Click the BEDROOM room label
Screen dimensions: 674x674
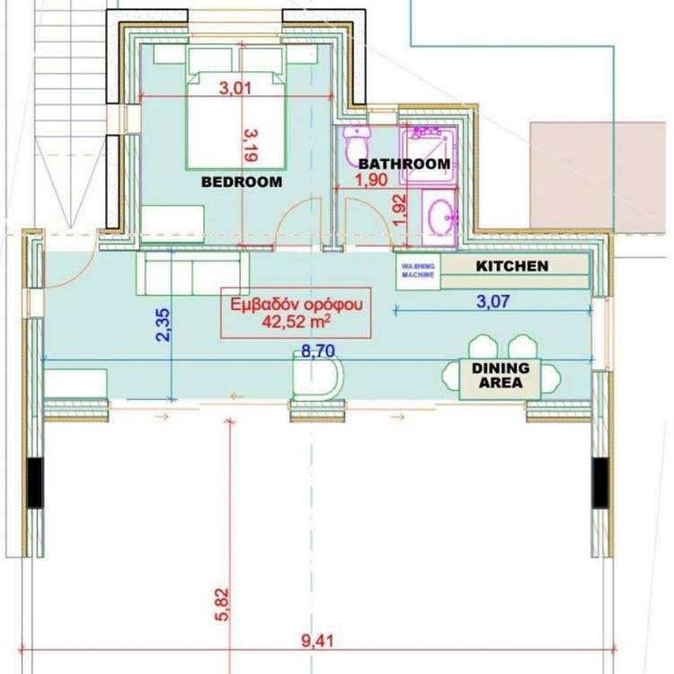pos(242,182)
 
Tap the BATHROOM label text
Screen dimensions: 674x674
pos(404,164)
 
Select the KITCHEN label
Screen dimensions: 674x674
pos(512,266)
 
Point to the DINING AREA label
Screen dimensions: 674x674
pos(501,376)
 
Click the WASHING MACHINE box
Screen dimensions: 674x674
pos(418,270)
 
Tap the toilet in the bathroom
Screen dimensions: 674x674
pos(357,144)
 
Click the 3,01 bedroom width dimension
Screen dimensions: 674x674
pos(235,89)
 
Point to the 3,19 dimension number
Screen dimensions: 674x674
pos(250,146)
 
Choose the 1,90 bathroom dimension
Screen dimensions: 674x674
pos(371,180)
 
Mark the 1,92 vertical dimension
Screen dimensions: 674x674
pos(399,210)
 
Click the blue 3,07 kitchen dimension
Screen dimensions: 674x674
pos(493,301)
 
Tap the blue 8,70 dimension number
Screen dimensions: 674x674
pos(317,350)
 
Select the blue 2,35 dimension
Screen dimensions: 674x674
pos(164,325)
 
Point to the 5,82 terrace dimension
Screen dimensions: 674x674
pos(222,605)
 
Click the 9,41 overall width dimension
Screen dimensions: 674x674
pos(317,642)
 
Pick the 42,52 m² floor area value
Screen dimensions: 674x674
pos(297,321)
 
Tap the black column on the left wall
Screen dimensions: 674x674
pos(36,483)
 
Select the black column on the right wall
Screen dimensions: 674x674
pos(600,483)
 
